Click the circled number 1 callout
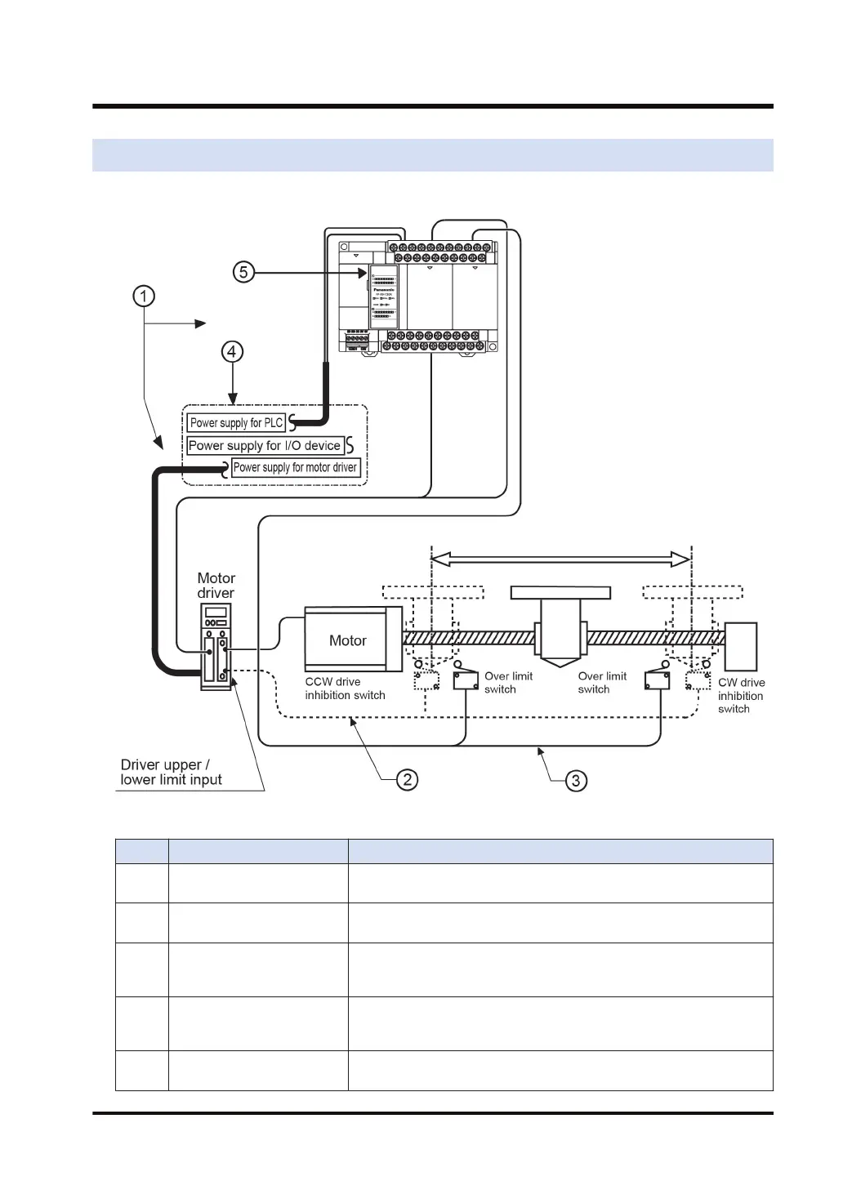click(144, 296)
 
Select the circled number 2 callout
click(407, 780)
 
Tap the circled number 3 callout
click(576, 781)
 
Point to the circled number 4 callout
click(233, 351)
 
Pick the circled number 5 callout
click(243, 272)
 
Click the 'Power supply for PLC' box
click(236, 423)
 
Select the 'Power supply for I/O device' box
click(265, 446)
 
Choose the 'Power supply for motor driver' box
click(295, 468)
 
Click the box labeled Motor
click(348, 640)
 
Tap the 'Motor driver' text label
click(216, 586)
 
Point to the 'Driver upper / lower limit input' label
click(171, 772)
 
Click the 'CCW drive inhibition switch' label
click(345, 689)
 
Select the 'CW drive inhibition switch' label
click(741, 695)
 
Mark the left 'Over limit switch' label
click(508, 683)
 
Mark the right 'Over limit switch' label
click(602, 683)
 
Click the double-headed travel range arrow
click(560, 559)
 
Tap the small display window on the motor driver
click(216, 613)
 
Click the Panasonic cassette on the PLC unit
click(384, 296)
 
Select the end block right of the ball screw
click(740, 646)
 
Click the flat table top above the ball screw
click(560, 592)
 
